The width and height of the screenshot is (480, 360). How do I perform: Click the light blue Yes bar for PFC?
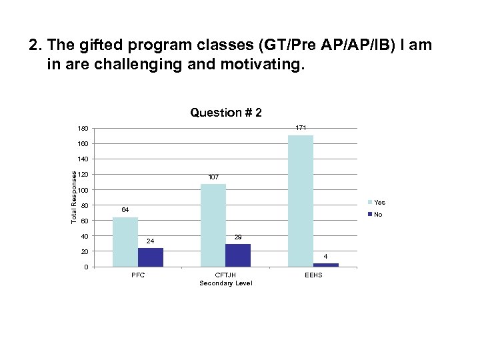click(125, 241)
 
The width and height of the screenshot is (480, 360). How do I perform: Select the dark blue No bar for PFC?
click(151, 257)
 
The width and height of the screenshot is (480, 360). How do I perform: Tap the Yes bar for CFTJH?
click(213, 225)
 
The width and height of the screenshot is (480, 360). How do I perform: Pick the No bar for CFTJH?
click(238, 255)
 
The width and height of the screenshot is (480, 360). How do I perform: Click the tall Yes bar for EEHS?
click(301, 201)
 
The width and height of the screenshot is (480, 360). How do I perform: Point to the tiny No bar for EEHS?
click(326, 265)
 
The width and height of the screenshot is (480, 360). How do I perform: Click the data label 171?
click(301, 127)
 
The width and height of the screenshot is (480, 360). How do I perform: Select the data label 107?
click(213, 177)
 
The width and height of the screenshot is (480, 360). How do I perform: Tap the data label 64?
click(125, 210)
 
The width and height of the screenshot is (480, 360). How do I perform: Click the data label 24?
click(151, 241)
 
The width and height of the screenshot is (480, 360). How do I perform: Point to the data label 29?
click(238, 237)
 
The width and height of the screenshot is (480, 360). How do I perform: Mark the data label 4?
click(326, 256)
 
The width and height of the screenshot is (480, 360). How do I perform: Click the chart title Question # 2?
click(225, 113)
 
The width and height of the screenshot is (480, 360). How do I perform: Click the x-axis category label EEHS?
click(313, 275)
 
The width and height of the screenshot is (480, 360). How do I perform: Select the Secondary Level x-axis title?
click(225, 283)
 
